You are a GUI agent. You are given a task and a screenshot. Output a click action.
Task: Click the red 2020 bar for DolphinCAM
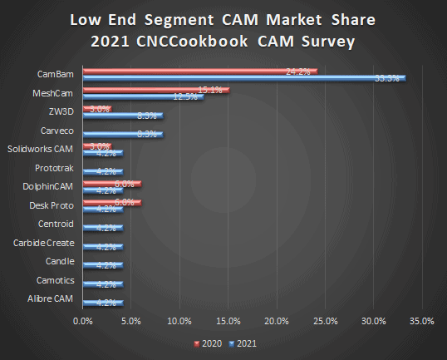[x=112, y=184]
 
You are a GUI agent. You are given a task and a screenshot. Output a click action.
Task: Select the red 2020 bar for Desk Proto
[x=112, y=202]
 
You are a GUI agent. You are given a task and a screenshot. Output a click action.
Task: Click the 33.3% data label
[x=387, y=78]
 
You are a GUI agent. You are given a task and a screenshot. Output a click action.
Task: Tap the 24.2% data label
[x=297, y=72]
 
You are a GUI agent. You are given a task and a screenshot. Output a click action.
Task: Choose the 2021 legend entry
[x=243, y=342]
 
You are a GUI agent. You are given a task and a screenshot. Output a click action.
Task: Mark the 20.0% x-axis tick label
[x=276, y=320]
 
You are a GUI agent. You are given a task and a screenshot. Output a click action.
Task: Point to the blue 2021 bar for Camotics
[x=103, y=284]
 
